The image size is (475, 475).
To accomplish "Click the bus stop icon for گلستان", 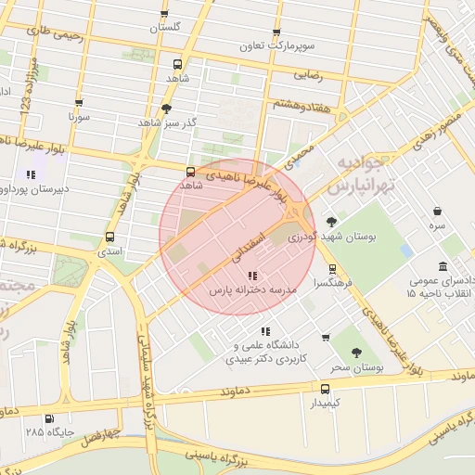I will pyautogui.click(x=164, y=14).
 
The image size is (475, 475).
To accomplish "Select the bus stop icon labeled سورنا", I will pyautogui.click(x=78, y=103).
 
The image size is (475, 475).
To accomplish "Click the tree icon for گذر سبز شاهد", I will pyautogui.click(x=166, y=108).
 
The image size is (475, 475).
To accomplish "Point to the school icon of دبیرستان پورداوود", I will pyautogui.click(x=31, y=173).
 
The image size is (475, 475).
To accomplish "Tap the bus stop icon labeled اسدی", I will pyautogui.click(x=110, y=237).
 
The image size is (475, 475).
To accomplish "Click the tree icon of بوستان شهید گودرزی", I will pyautogui.click(x=331, y=222).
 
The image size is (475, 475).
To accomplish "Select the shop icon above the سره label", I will pyautogui.click(x=436, y=212).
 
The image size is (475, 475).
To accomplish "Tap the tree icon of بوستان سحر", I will pyautogui.click(x=356, y=353).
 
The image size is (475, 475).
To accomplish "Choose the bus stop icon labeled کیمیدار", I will pyautogui.click(x=325, y=388).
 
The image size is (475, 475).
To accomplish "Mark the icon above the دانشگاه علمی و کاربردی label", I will pyautogui.click(x=266, y=330).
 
